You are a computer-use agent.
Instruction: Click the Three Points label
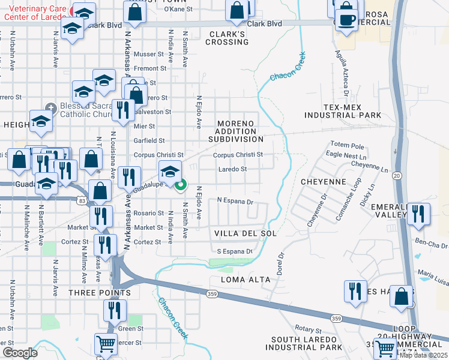coord(99,293)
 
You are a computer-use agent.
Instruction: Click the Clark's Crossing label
coord(227,38)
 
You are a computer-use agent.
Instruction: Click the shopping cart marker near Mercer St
coord(106,344)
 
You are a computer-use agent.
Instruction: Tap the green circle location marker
coord(181,185)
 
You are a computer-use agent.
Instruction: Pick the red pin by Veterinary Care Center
coord(74,10)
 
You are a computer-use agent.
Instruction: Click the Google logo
coord(20,353)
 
